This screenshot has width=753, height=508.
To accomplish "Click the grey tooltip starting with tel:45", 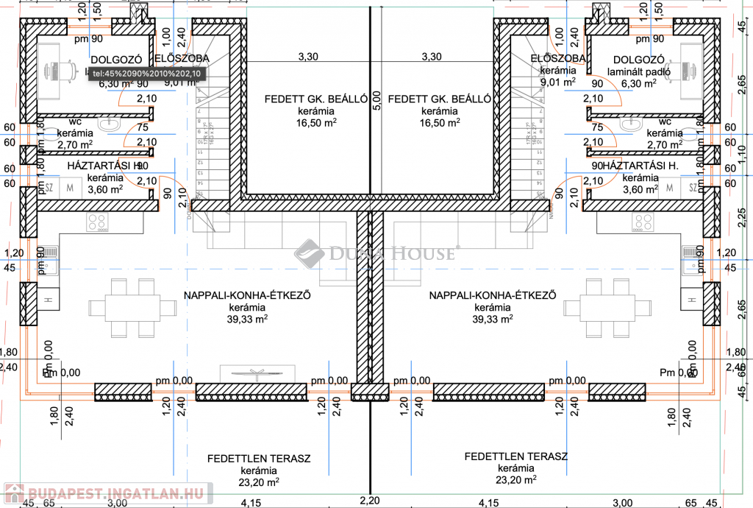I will pos(145,74).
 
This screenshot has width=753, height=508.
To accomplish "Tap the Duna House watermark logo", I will pos(375,254).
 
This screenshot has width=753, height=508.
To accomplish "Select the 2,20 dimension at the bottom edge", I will pos(370,501).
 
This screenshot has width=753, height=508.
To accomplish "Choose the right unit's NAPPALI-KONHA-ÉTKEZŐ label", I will pos(492,295).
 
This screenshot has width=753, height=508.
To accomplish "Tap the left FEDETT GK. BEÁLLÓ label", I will pos(305,99).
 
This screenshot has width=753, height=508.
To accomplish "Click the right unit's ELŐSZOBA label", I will pos(558,58).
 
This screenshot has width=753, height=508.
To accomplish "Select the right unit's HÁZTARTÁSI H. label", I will pos(632,166).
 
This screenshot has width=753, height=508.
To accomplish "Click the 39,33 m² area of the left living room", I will pos(246,319).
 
